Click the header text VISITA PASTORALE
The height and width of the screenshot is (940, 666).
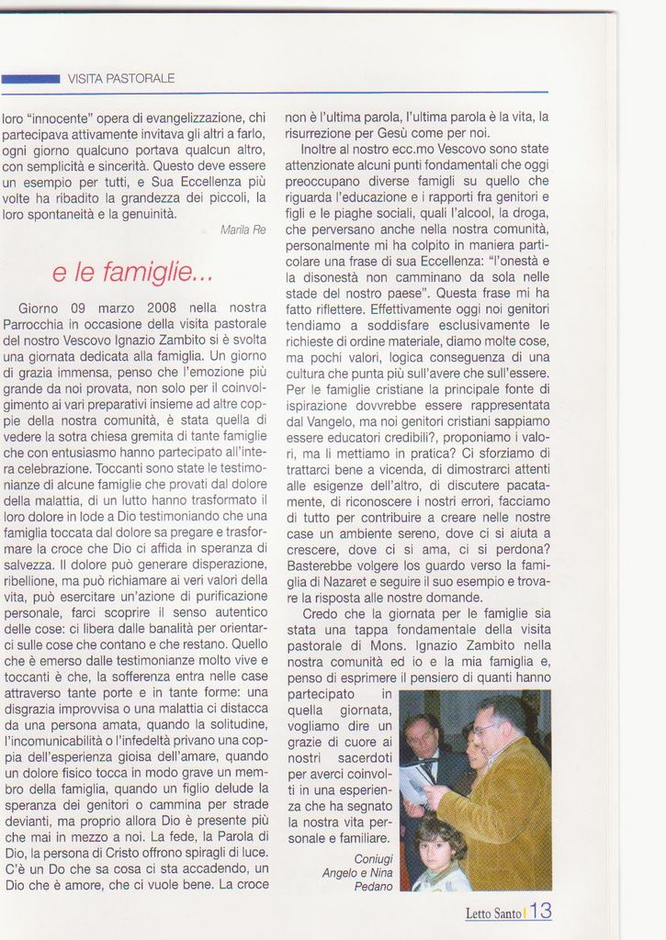[x=121, y=79]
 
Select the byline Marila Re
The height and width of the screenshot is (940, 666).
[x=243, y=229]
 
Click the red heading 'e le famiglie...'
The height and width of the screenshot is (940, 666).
[x=132, y=272]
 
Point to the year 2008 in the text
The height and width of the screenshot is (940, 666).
[x=164, y=308]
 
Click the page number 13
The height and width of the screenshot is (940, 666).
[x=541, y=912]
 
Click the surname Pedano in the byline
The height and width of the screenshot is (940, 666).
[x=373, y=887]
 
